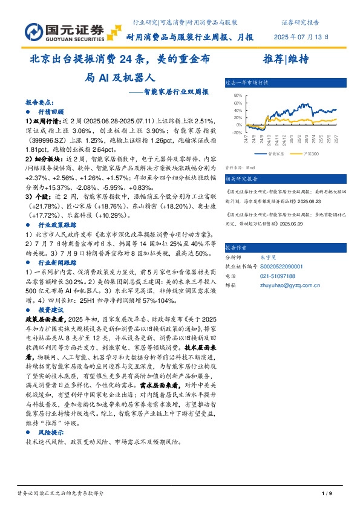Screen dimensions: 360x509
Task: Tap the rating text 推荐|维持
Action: (286, 59)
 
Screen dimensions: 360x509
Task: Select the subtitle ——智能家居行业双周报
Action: (169, 92)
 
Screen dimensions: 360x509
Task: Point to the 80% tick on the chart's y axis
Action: (237, 95)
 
